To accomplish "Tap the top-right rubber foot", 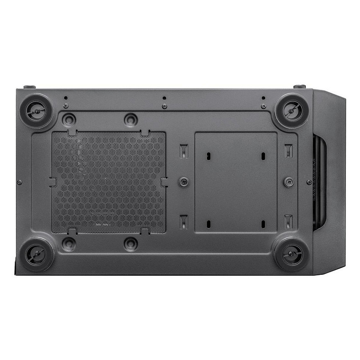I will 291,110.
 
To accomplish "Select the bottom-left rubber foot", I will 36,254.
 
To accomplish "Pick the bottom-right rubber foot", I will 291,254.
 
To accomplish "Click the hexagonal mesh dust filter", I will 108,182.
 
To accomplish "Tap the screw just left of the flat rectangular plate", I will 183,182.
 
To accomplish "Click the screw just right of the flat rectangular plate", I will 288,182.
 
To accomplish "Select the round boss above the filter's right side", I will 131,120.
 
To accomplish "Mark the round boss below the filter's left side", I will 69,243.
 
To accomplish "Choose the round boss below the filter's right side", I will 131,243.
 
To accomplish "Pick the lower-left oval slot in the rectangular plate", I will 208,224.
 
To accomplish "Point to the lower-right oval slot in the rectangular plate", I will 263,224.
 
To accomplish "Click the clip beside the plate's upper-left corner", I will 183,150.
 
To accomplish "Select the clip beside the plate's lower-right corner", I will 288,221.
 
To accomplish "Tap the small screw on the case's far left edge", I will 19,182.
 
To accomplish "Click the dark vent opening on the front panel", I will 320,182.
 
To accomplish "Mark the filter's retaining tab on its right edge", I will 165,182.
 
